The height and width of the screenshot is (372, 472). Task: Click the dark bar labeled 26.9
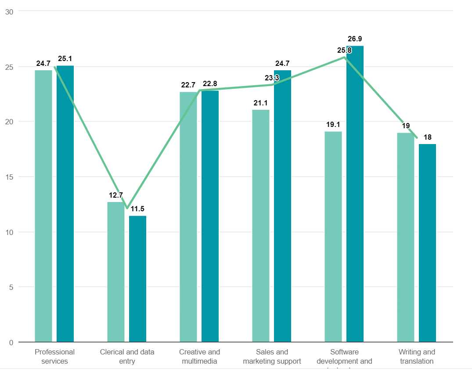pyautogui.click(x=355, y=193)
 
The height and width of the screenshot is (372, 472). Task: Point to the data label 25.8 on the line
pyautogui.click(x=344, y=51)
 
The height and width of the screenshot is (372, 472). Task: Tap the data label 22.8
pyautogui.click(x=210, y=83)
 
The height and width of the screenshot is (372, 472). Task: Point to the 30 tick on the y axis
pyautogui.click(x=9, y=12)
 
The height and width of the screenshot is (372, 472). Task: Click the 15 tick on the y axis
pyautogui.click(x=9, y=177)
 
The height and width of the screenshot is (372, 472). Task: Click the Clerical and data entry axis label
pyautogui.click(x=127, y=356)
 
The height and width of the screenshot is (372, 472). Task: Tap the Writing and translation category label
pyautogui.click(x=417, y=356)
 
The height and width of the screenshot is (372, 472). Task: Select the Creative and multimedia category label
pyautogui.click(x=199, y=356)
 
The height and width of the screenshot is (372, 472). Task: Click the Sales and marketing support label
pyautogui.click(x=272, y=356)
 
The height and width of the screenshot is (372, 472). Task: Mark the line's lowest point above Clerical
pyautogui.click(x=127, y=208)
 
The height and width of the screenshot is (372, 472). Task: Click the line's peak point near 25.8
pyautogui.click(x=345, y=57)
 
